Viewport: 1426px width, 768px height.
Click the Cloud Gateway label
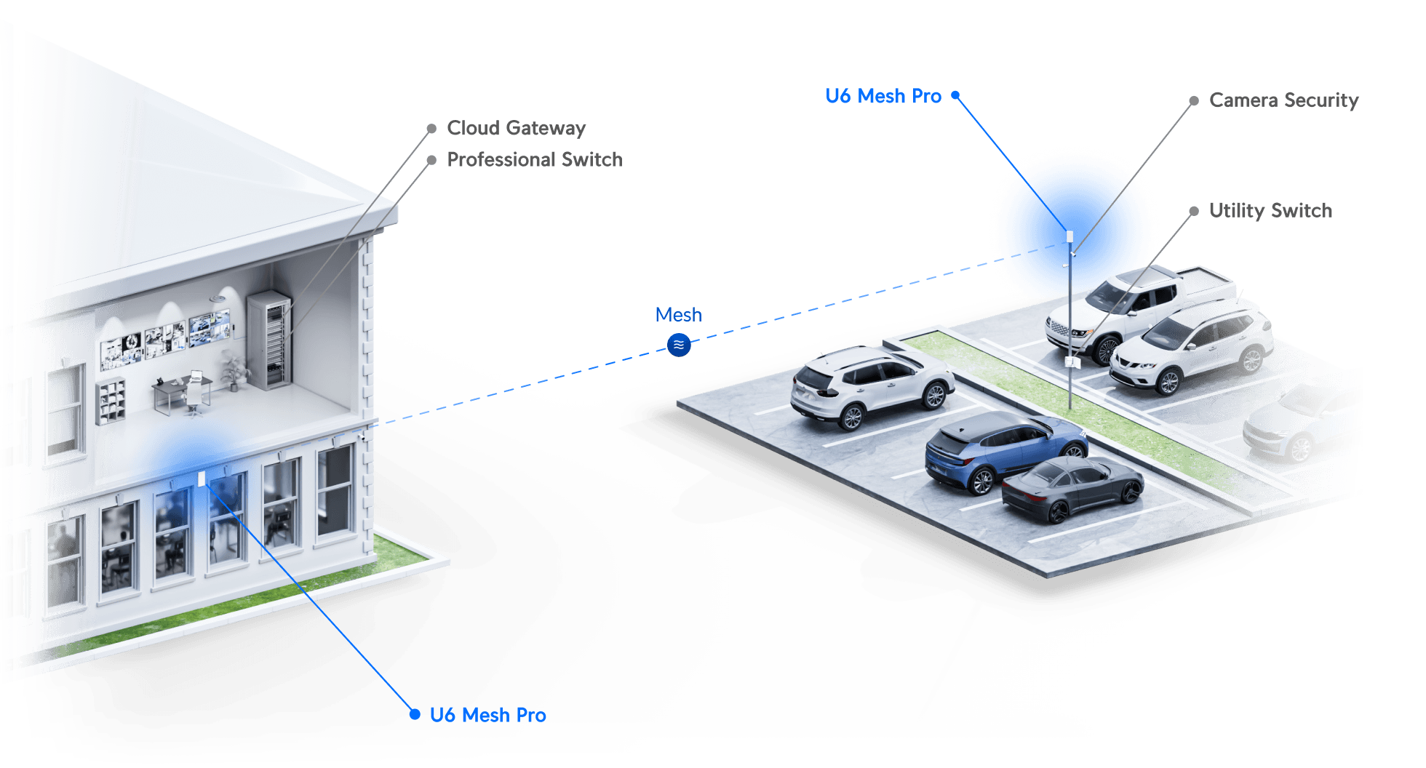pyautogui.click(x=516, y=128)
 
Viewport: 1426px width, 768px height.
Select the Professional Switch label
pyautogui.click(x=534, y=159)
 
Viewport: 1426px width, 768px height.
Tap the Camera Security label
pyautogui.click(x=1283, y=100)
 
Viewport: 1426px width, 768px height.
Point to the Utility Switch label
pyautogui.click(x=1270, y=210)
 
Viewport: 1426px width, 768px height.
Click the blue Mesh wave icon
pyautogui.click(x=679, y=345)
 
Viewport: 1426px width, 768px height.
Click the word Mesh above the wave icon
pyautogui.click(x=677, y=314)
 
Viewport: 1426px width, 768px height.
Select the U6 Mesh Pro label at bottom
pyautogui.click(x=487, y=715)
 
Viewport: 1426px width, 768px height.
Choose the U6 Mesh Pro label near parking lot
pyautogui.click(x=883, y=95)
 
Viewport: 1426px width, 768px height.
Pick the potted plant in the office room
pyautogui.click(x=234, y=371)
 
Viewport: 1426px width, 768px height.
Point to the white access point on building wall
pyautogui.click(x=202, y=479)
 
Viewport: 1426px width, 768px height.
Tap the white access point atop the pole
pyautogui.click(x=1069, y=236)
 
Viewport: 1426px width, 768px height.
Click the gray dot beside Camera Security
pyautogui.click(x=1194, y=100)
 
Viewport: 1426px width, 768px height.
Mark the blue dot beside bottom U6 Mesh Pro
pyautogui.click(x=415, y=714)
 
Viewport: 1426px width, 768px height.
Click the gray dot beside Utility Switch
pyautogui.click(x=1194, y=211)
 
